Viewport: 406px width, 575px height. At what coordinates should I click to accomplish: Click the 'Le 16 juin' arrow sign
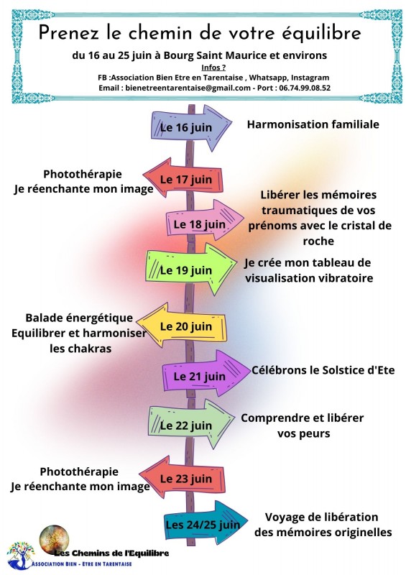(x=191, y=128)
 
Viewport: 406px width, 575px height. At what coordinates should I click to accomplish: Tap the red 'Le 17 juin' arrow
(x=183, y=178)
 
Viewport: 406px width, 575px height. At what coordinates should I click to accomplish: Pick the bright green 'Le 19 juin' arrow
(x=191, y=269)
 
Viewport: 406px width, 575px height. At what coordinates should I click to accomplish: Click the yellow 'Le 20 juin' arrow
(x=182, y=326)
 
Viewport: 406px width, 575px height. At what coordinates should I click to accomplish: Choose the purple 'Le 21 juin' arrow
(x=206, y=374)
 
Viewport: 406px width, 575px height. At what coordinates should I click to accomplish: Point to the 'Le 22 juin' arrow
(x=191, y=424)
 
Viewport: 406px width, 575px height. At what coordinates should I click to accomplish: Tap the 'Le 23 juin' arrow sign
(x=182, y=477)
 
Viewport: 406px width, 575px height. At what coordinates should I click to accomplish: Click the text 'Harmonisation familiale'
(x=313, y=124)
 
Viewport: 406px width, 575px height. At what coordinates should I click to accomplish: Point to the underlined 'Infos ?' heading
(x=213, y=67)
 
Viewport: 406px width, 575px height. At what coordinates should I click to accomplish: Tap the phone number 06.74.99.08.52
(x=305, y=88)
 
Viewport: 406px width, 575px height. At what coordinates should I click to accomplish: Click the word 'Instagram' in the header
(x=310, y=78)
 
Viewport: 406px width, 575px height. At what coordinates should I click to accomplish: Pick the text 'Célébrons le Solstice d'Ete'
(x=323, y=370)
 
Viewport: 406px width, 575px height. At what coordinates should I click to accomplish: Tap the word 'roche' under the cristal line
(x=318, y=241)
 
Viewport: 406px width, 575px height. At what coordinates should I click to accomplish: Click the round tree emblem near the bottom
(x=54, y=540)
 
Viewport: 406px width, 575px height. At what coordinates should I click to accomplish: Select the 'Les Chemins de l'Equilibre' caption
(x=111, y=553)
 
